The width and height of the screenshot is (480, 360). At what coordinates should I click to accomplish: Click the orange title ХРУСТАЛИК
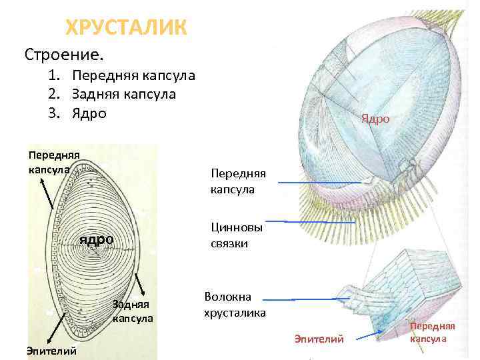click(126, 27)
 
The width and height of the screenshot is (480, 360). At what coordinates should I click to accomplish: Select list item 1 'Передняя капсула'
click(133, 75)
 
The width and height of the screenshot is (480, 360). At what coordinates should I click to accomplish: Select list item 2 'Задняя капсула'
click(124, 94)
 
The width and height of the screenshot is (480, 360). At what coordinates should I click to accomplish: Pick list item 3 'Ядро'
click(89, 113)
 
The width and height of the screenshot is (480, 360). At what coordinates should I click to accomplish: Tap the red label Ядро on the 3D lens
click(375, 119)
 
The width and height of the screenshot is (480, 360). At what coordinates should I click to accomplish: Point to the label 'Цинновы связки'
click(237, 235)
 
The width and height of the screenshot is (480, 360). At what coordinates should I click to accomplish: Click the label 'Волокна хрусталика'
click(235, 304)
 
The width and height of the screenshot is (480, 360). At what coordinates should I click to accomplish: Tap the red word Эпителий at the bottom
click(319, 340)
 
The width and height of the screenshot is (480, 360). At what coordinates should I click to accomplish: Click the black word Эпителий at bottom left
click(51, 351)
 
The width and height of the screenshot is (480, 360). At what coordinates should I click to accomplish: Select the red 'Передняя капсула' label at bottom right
click(432, 332)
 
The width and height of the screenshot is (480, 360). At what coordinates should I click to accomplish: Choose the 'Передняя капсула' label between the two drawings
click(237, 181)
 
